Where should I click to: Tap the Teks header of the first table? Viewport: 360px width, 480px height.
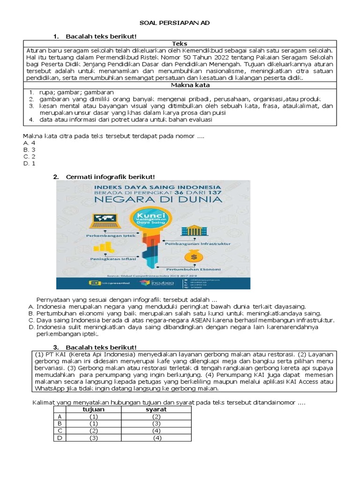point(180,44)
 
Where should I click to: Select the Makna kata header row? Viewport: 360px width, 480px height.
point(180,85)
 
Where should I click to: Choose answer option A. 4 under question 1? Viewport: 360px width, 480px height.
point(29,142)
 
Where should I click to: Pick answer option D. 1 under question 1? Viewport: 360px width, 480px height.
point(29,163)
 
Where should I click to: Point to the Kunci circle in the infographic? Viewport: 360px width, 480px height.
point(148,217)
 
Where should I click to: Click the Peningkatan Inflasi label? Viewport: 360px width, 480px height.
point(107,258)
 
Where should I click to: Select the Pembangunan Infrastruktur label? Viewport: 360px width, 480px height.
point(197,244)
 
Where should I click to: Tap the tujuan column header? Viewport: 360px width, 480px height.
point(94,409)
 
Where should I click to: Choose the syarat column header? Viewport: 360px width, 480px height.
point(157,409)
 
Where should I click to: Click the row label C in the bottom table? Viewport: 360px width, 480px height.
point(59,430)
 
